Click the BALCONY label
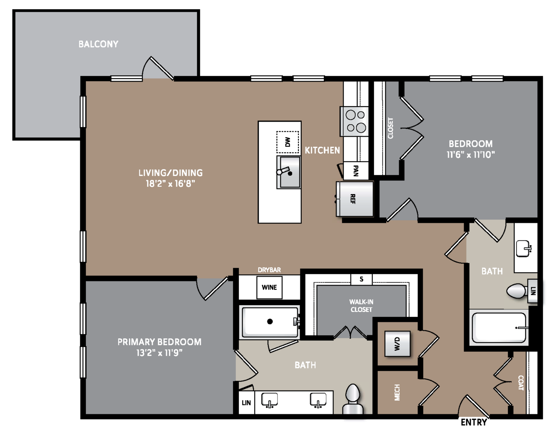[98, 44]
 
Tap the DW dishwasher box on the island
[287, 142]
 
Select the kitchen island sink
[289, 172]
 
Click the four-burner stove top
[354, 121]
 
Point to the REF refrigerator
[354, 199]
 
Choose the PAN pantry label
[356, 171]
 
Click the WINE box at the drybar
[269, 287]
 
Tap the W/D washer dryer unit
[397, 344]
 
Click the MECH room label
[397, 393]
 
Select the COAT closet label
[521, 383]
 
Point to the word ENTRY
[474, 422]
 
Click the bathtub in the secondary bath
[499, 328]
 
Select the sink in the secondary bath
[524, 249]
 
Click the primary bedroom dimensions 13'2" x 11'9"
[159, 353]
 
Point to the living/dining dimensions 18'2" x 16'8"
[170, 184]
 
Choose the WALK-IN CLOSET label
[361, 306]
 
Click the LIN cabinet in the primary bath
[246, 403]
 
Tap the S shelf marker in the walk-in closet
[362, 279]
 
